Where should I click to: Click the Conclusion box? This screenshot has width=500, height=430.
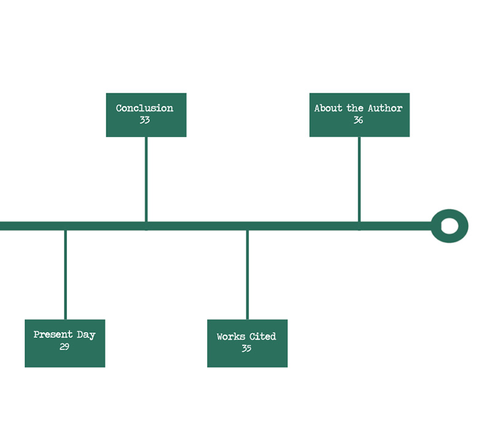146,115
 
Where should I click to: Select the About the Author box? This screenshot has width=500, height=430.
359,115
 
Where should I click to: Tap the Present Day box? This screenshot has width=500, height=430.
65,343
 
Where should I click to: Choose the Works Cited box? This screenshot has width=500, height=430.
247,343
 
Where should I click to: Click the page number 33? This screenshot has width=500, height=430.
145,120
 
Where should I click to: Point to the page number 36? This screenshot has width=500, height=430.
358,120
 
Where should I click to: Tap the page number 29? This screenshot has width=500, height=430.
65,346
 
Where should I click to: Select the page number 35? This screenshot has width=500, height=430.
247,348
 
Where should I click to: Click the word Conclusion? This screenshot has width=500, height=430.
145,108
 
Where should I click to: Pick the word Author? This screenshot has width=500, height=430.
385,108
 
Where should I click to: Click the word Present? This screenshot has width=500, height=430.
54,334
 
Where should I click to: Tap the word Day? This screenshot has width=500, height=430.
86,335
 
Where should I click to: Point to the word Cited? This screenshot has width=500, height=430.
263,337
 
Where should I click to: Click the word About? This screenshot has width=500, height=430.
328,108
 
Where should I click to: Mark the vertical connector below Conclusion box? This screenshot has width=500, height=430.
146,179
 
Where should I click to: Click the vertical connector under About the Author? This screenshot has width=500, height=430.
359,179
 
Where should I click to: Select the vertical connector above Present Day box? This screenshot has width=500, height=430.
65,275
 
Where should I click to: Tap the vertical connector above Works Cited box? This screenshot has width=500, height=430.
247,275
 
